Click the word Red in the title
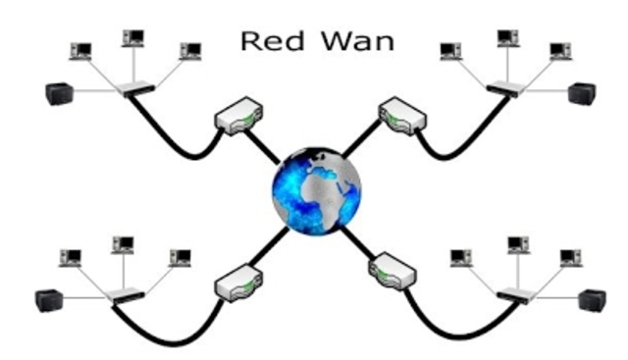point(264,42)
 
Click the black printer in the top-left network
point(58,94)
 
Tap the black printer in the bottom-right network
point(592,299)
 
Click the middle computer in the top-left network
point(132,37)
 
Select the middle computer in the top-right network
point(507,38)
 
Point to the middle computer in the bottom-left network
point(123,243)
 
